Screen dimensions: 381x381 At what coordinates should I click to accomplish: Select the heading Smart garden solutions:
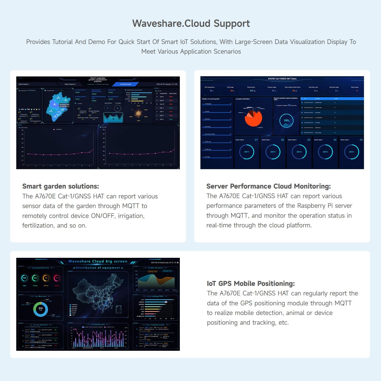[60, 186]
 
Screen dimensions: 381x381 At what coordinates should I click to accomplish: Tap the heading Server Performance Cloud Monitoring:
[268, 186]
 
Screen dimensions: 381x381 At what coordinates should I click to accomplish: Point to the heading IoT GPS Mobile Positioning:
[251, 283]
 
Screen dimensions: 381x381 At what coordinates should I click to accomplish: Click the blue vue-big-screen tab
[125, 84]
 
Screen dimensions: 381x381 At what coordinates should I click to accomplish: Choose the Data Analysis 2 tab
[70, 84]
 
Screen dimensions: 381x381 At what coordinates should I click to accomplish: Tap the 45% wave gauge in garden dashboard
[113, 117]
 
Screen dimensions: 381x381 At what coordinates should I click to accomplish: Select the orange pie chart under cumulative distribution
[253, 118]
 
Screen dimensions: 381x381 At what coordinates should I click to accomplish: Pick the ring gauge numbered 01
[247, 152]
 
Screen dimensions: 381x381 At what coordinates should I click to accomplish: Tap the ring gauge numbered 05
[352, 152]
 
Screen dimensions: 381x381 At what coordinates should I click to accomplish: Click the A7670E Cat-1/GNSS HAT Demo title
[282, 79]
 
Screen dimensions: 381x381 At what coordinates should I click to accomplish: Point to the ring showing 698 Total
[24, 278]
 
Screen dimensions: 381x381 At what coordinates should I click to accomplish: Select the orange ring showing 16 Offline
[46, 278]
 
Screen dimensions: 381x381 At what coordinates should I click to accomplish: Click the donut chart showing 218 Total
[40, 309]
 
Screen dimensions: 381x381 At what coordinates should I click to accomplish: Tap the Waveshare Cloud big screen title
[98, 261]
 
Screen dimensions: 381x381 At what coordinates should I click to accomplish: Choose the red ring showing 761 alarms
[57, 278]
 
